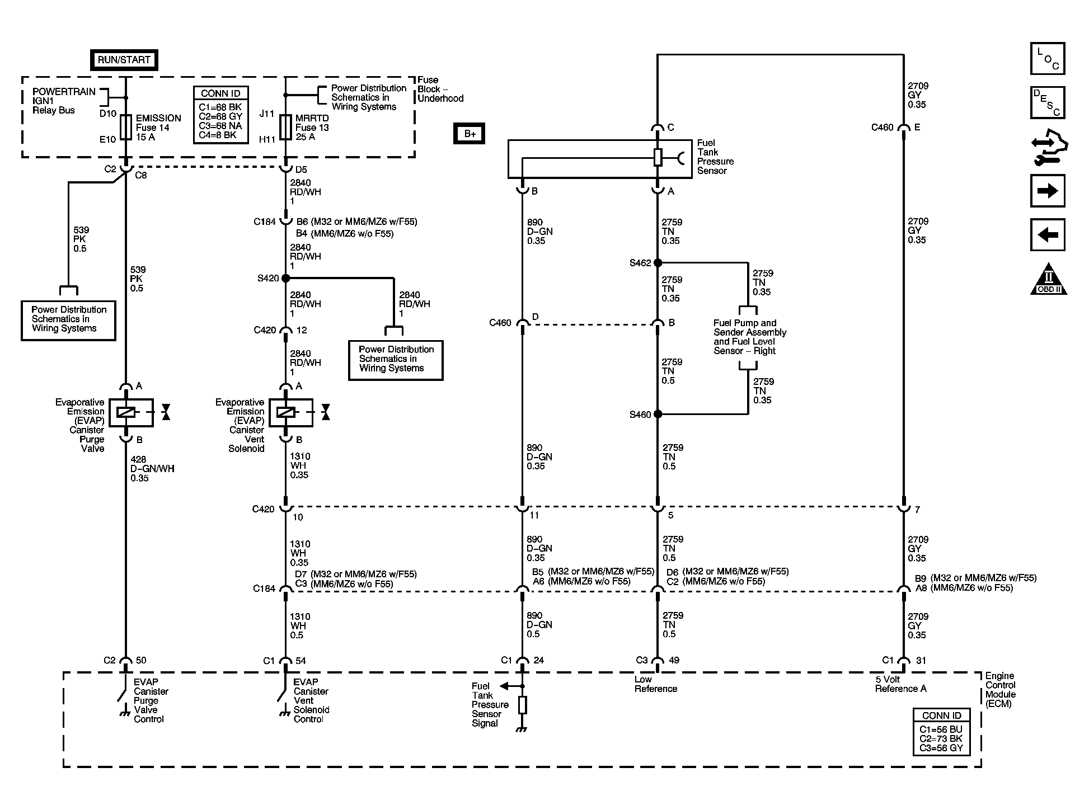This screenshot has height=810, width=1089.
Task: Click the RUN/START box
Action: coord(124,60)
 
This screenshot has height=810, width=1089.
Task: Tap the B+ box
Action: coord(469,134)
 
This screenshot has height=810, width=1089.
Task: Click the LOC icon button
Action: coord(1047,59)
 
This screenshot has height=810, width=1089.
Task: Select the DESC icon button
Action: coord(1047,103)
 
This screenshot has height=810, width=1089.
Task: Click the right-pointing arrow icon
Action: coord(1047,191)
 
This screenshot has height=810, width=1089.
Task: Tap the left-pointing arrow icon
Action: coord(1047,234)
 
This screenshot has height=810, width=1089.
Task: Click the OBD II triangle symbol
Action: coord(1048,280)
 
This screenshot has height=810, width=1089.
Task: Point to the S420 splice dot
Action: coord(285,278)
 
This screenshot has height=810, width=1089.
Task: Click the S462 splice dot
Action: coord(658,262)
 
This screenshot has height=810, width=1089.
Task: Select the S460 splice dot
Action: coord(658,414)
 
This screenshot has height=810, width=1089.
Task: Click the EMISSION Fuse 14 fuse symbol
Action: coord(126,127)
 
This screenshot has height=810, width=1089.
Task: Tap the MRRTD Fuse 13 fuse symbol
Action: coord(285,127)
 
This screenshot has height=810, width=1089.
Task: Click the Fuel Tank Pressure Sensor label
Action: coord(715,157)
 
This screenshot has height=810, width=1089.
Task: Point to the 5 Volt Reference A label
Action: coord(900,684)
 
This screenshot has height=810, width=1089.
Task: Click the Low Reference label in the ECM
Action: coord(655,684)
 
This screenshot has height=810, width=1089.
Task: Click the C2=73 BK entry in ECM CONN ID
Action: coord(941,738)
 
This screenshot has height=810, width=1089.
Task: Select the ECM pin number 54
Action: coord(301,661)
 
